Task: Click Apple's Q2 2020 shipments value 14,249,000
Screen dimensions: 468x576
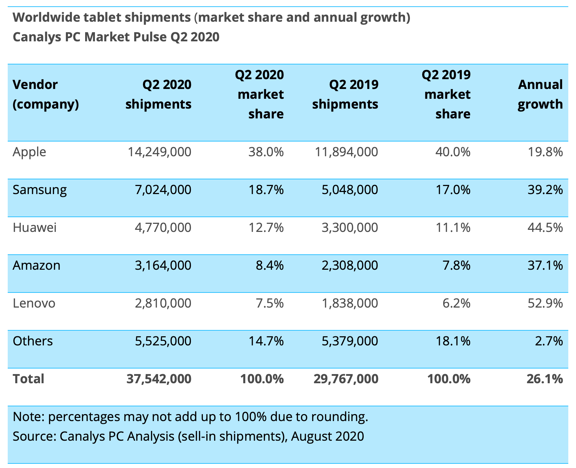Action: click(159, 152)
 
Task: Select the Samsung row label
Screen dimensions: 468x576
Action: click(40, 190)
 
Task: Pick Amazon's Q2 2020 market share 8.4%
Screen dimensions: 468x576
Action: click(269, 266)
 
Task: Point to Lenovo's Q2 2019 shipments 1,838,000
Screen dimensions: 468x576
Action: click(350, 303)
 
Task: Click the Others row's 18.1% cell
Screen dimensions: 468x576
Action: click(453, 341)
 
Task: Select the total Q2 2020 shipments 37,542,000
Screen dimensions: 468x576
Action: click(159, 379)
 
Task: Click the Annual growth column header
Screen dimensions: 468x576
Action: click(540, 95)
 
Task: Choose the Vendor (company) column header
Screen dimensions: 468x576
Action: click(46, 95)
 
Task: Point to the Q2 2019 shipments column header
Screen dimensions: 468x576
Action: click(345, 95)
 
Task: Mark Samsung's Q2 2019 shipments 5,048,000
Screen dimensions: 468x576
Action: click(350, 190)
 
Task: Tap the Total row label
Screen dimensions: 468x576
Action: click(28, 379)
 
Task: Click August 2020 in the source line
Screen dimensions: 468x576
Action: click(327, 436)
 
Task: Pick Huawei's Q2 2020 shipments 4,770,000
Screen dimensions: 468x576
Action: click(163, 228)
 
